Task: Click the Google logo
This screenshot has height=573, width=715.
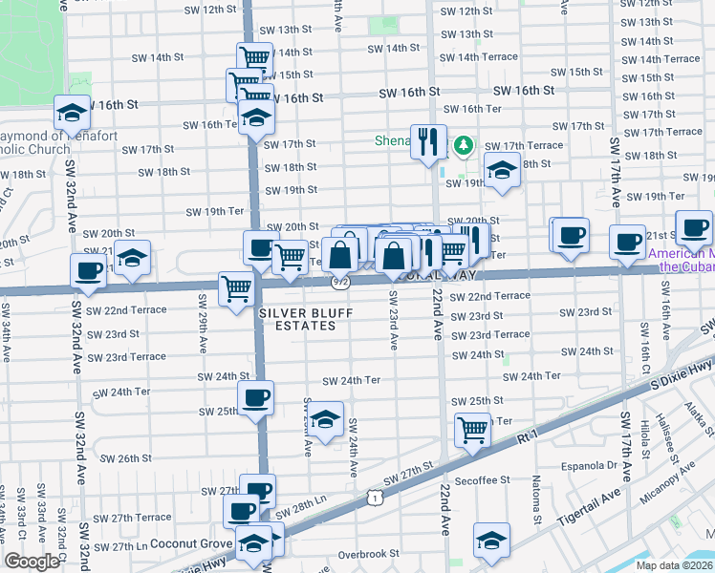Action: click(32, 562)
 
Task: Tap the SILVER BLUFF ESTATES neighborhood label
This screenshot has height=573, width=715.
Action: click(298, 319)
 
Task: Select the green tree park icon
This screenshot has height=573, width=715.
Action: click(464, 145)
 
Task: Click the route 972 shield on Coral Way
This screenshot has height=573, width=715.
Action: click(340, 282)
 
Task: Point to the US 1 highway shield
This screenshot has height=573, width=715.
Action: click(376, 498)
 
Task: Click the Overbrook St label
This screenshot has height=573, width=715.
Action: click(367, 554)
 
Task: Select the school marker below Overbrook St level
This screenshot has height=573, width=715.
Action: click(491, 541)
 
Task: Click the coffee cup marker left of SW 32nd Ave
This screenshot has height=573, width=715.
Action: click(88, 270)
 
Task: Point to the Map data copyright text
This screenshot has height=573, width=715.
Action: click(673, 565)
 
